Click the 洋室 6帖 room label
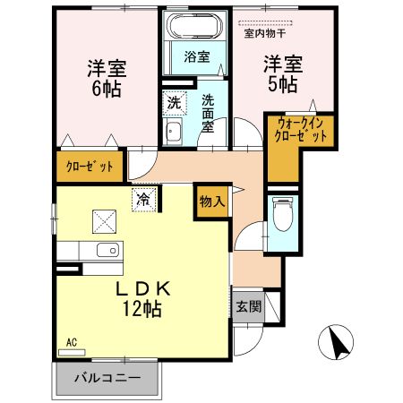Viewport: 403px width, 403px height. (104, 78)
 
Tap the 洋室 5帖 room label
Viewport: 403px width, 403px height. (280, 73)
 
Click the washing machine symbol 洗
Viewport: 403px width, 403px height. (176, 103)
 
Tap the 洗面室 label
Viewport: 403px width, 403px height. (208, 113)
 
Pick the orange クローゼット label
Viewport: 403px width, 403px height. (90, 167)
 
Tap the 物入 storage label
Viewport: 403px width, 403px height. (212, 201)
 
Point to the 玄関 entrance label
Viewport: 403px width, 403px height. (248, 306)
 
